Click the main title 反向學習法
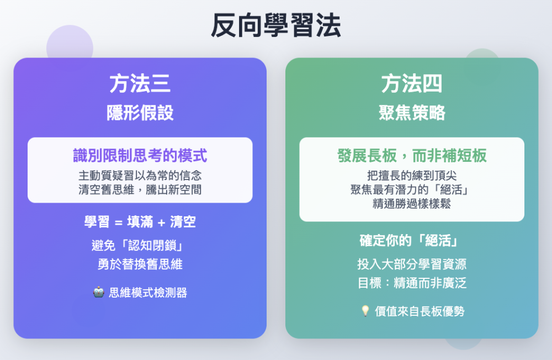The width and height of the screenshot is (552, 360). pyautogui.click(x=275, y=25)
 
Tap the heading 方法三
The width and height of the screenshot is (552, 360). pyautogui.click(x=140, y=84)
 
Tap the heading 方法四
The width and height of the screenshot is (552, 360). pyautogui.click(x=412, y=84)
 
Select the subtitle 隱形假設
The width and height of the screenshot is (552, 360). pyautogui.click(x=140, y=113)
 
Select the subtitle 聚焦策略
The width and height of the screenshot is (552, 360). pyautogui.click(x=412, y=113)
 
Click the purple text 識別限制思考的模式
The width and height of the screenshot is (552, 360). pyautogui.click(x=140, y=156)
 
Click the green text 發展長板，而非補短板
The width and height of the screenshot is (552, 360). pyautogui.click(x=412, y=156)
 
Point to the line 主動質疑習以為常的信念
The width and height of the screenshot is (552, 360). pyautogui.click(x=140, y=176)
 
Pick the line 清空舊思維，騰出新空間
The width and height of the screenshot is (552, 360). pyautogui.click(x=140, y=189)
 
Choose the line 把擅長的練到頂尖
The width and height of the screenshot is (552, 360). pyautogui.click(x=412, y=176)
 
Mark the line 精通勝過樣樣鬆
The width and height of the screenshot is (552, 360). pyautogui.click(x=412, y=204)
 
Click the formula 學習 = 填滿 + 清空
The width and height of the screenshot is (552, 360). pyautogui.click(x=140, y=222)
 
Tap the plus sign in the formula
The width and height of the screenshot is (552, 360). pyautogui.click(x=161, y=223)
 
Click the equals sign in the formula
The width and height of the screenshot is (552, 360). pyautogui.click(x=118, y=223)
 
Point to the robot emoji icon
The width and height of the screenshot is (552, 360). pyautogui.click(x=99, y=293)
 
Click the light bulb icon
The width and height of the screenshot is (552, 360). pyautogui.click(x=365, y=311)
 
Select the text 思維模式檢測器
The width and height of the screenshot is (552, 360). pyautogui.click(x=148, y=293)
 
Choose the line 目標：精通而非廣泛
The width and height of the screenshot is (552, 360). pyautogui.click(x=412, y=283)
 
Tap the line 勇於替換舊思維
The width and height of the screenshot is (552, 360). pyautogui.click(x=140, y=264)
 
